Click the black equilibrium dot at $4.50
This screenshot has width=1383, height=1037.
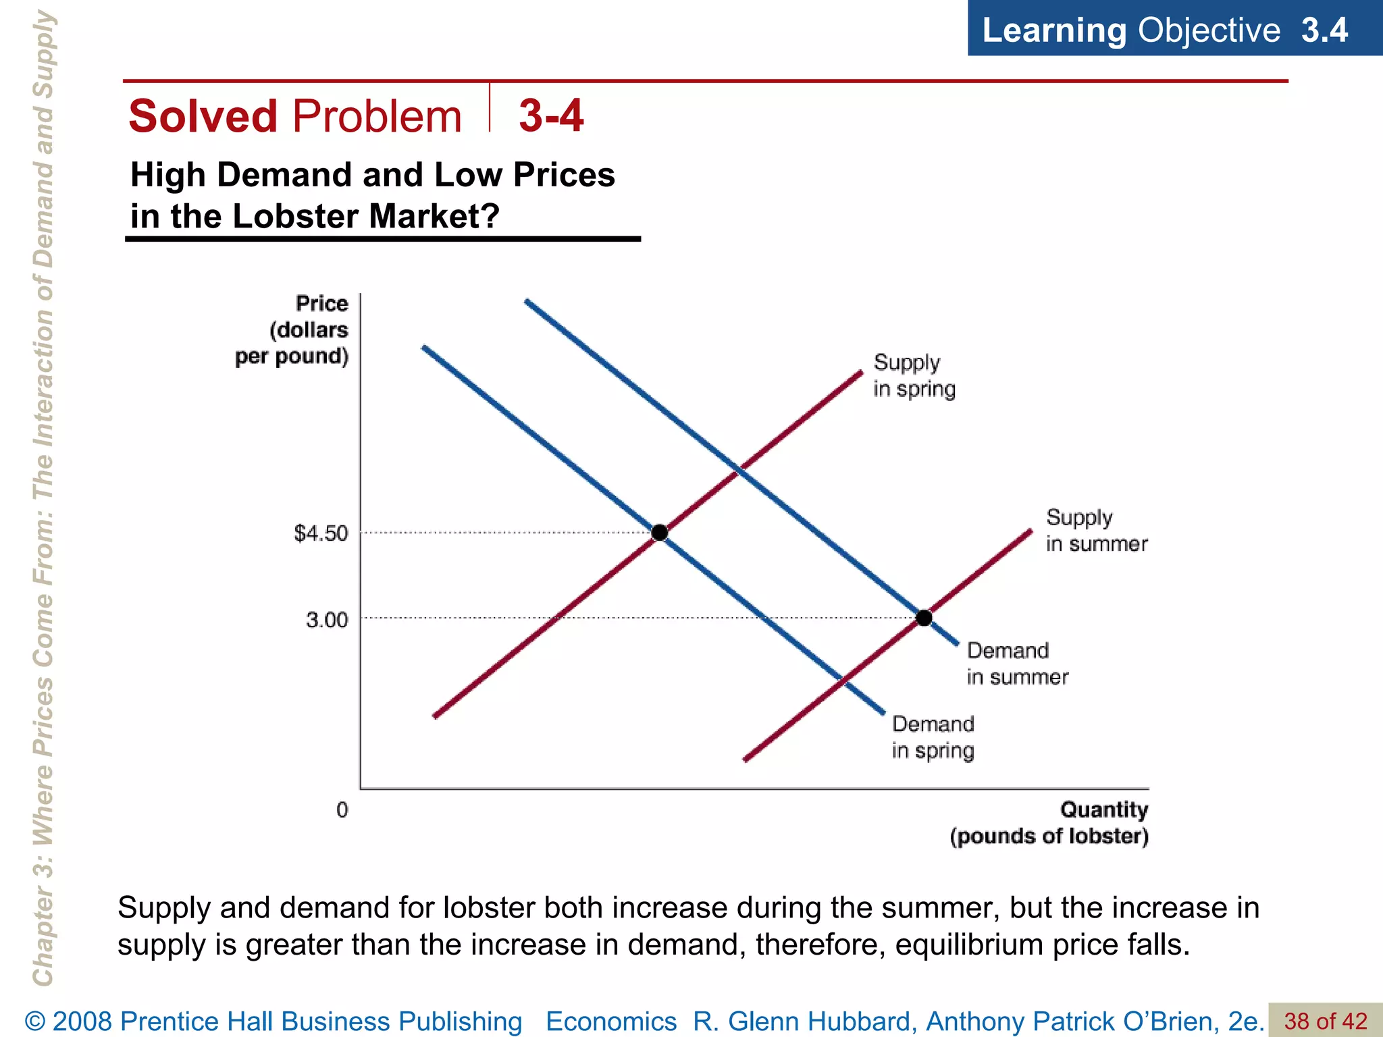660,533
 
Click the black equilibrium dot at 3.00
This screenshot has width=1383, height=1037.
924,617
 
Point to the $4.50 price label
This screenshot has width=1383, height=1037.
321,533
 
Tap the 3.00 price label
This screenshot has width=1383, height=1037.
326,620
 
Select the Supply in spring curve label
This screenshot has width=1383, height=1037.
914,375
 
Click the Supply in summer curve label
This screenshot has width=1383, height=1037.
1095,531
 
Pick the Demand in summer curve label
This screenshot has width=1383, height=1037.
1016,664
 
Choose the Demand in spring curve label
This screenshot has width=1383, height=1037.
933,737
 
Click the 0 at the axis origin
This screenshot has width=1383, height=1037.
342,809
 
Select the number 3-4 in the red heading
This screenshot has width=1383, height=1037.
550,115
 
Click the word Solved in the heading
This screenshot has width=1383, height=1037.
203,116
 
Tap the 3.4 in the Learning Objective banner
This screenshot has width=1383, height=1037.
1324,30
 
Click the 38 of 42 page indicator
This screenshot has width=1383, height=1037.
1325,1021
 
